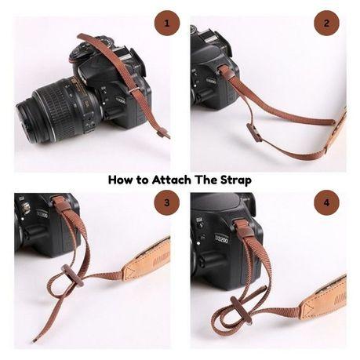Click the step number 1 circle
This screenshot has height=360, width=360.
pyautogui.click(x=165, y=24)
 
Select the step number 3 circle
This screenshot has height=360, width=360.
pyautogui.click(x=165, y=205)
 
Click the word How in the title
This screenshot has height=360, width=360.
pyautogui.click(x=122, y=180)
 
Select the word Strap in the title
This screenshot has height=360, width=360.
pyautogui.click(x=235, y=180)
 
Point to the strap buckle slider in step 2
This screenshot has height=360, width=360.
pyautogui.click(x=254, y=132)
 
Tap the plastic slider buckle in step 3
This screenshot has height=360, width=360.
pyautogui.click(x=68, y=277)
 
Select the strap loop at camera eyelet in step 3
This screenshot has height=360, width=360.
pyautogui.click(x=59, y=205)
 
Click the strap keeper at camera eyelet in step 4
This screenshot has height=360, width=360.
pyautogui.click(x=244, y=230)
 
